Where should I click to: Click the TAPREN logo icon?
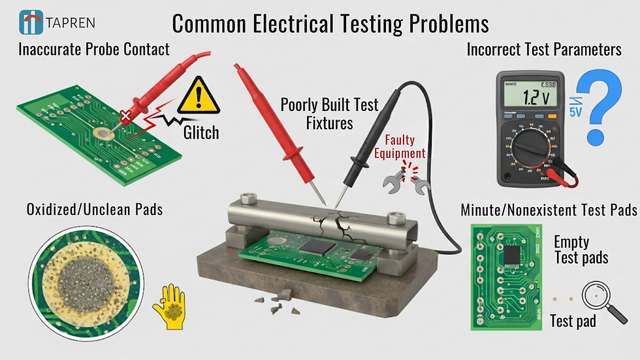pyautogui.click(x=31, y=22)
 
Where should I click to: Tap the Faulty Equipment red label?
pyautogui.click(x=405, y=147)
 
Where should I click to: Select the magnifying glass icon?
pyautogui.click(x=599, y=297)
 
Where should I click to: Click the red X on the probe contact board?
pyautogui.click(x=125, y=116)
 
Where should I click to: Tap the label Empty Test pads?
pyautogui.click(x=581, y=249)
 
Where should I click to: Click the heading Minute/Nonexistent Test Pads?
pyautogui.click(x=549, y=210)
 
